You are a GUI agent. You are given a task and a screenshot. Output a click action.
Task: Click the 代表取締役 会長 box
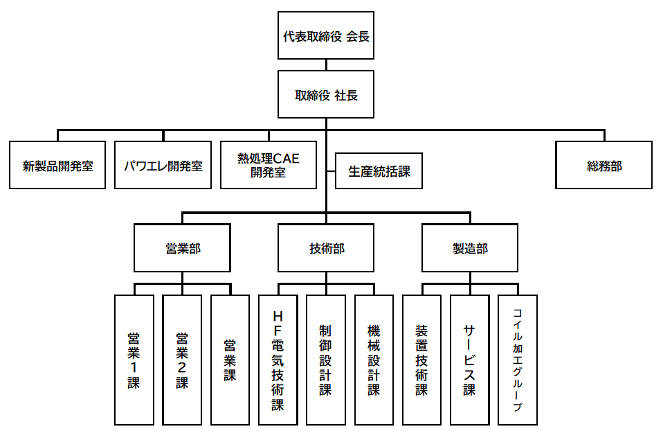click(x=326, y=36)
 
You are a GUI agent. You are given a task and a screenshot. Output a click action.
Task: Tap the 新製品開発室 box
click(x=57, y=166)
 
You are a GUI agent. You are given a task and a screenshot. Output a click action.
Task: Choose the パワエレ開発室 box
click(x=164, y=166)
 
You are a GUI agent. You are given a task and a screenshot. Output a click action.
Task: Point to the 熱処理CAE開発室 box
click(x=269, y=166)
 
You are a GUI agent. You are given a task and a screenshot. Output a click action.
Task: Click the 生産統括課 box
click(x=379, y=170)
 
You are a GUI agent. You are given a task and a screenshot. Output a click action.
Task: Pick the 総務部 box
click(x=604, y=166)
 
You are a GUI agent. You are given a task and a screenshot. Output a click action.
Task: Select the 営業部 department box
click(x=183, y=248)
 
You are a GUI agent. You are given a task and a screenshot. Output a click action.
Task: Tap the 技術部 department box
click(x=326, y=248)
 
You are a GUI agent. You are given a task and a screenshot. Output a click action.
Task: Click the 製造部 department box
click(x=470, y=248)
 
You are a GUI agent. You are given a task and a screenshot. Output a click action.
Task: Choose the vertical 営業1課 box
click(x=134, y=360)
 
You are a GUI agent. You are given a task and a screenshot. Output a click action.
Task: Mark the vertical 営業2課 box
click(x=182, y=360)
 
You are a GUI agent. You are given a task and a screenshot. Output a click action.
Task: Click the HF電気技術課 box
click(x=278, y=360)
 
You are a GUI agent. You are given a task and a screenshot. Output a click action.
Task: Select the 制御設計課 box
click(x=326, y=360)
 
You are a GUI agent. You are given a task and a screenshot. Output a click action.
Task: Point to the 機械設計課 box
click(x=374, y=360)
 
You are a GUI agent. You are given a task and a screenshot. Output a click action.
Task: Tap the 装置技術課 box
click(x=422, y=360)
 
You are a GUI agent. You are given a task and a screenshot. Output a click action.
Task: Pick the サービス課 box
click(x=470, y=360)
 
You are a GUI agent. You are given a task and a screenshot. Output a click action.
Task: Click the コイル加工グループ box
click(x=518, y=360)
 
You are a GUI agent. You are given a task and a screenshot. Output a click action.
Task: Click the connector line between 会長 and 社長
click(x=326, y=66)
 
